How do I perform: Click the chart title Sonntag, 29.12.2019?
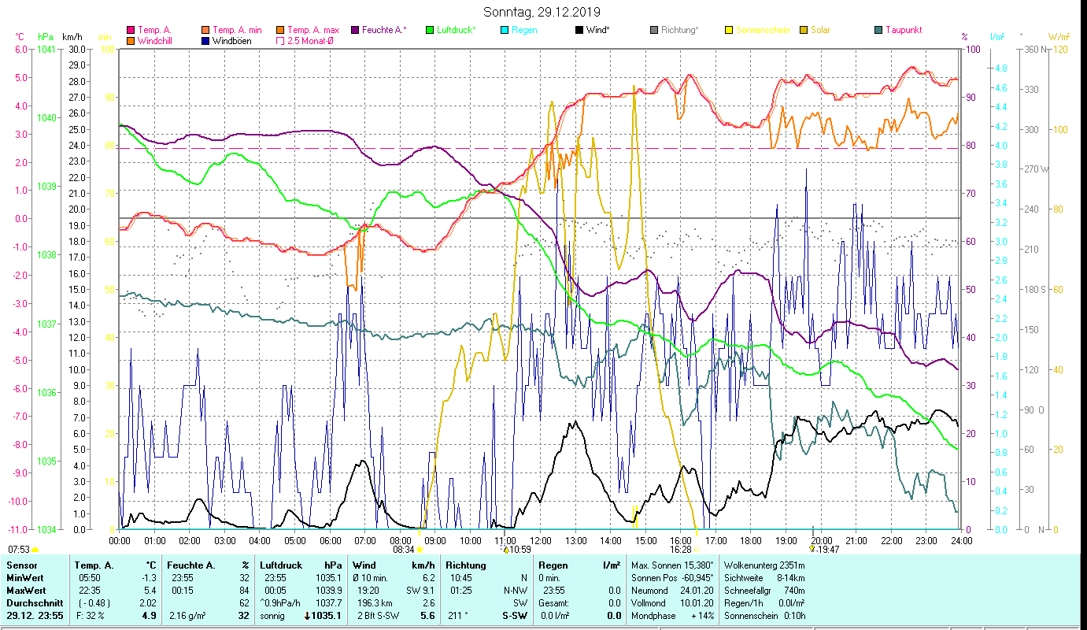click(542, 12)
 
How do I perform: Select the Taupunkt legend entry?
click(903, 30)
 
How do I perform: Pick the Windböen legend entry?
click(231, 41)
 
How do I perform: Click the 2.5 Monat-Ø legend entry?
click(309, 41)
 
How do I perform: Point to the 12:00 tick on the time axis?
click(541, 540)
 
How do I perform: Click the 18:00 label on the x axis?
click(751, 540)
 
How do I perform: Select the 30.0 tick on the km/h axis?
click(77, 49)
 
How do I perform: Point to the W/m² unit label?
click(1057, 36)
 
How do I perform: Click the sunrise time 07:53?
click(20, 550)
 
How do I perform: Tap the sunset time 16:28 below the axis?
click(680, 550)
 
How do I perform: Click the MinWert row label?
click(26, 577)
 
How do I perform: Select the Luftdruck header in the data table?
click(282, 565)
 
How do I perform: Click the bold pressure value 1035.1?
click(327, 616)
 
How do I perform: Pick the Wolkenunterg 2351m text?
click(763, 565)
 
